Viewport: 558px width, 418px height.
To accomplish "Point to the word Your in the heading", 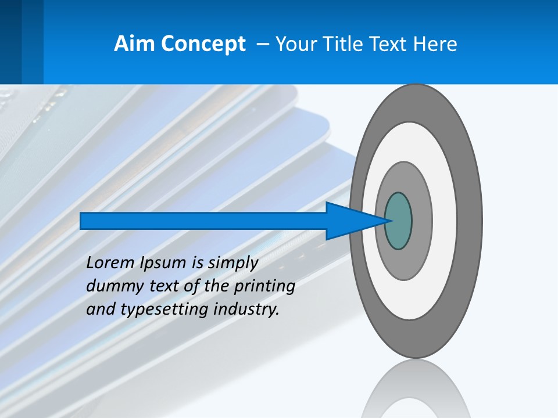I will pos(295,44).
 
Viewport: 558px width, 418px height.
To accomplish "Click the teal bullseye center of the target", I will pos(398,221).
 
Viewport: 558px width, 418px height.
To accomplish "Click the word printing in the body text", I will pos(268,287).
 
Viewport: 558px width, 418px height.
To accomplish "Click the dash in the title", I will pos(262,45).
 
